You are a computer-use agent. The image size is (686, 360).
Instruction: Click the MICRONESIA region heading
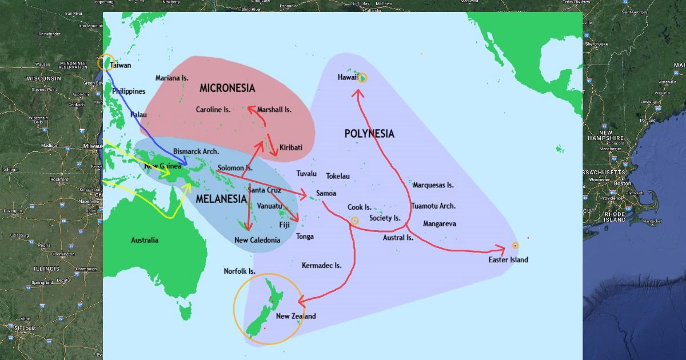point(227,88)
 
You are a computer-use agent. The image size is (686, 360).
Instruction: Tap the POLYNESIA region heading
point(369,134)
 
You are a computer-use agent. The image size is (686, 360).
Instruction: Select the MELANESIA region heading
point(221,199)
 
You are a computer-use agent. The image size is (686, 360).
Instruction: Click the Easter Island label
point(508,260)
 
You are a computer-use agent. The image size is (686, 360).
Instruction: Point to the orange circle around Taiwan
point(105,62)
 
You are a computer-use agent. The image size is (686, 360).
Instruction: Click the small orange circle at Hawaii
point(361,78)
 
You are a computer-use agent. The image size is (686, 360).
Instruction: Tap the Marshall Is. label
point(274,109)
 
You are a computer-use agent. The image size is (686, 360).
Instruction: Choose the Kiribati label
point(290,147)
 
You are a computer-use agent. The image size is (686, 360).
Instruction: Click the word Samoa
point(326,194)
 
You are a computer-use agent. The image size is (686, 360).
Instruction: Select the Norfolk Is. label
point(239,271)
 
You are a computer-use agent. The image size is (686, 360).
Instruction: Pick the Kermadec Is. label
point(321,266)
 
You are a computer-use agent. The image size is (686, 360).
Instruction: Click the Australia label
point(144,240)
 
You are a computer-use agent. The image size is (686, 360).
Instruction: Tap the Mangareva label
point(439,224)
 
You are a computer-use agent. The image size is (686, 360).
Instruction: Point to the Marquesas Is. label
point(433,185)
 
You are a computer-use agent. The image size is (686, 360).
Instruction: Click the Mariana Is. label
point(171,78)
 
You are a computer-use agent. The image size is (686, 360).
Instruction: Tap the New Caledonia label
point(257,240)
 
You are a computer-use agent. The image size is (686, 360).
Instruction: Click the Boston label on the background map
point(623,183)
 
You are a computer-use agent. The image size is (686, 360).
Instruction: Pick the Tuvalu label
point(306,174)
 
